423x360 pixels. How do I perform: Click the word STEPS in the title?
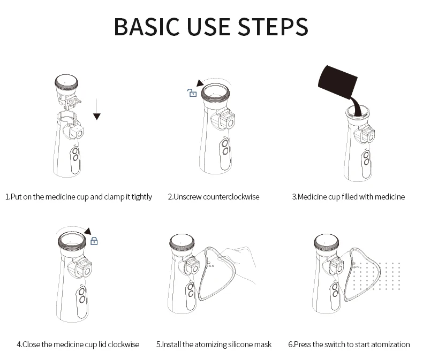pos(273,26)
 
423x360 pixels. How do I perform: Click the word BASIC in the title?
pos(147,26)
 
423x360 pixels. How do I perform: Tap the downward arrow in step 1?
pos(97,109)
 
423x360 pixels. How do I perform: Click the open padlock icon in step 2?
pos(192,93)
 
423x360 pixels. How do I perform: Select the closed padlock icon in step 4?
pos(94,241)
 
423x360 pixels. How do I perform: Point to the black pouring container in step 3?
pos(338,81)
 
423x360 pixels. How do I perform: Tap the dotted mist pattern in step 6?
pos(376,275)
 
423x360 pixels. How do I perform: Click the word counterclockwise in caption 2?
pos(231,197)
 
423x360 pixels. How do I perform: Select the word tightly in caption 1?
pos(142,197)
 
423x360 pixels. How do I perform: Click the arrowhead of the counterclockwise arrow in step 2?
pos(200,83)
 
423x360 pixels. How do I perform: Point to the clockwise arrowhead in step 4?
pos(88,231)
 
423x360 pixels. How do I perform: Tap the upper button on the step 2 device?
pos(225,143)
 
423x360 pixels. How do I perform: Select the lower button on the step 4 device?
pos(82,299)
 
